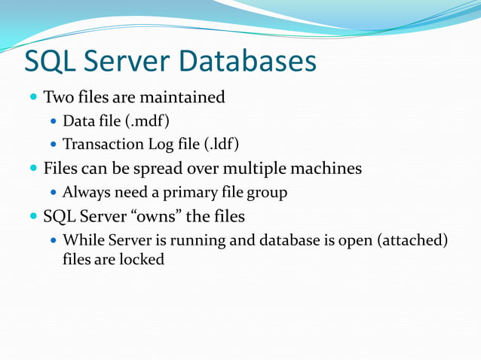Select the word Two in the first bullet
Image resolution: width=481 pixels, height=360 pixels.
click(58, 97)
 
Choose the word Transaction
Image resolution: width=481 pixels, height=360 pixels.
click(101, 144)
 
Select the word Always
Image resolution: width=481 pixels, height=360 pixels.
click(84, 193)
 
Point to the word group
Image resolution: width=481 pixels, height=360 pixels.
click(267, 193)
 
